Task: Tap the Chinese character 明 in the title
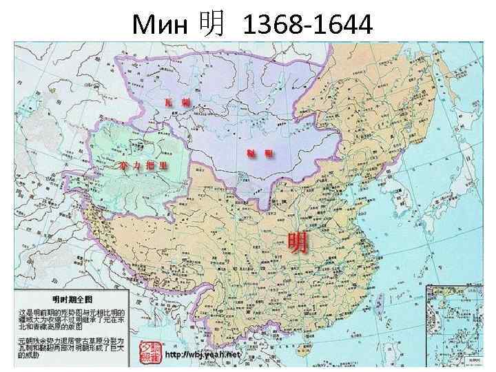click(x=211, y=25)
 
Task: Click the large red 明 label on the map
click(x=298, y=242)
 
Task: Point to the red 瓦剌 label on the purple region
click(x=175, y=102)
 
